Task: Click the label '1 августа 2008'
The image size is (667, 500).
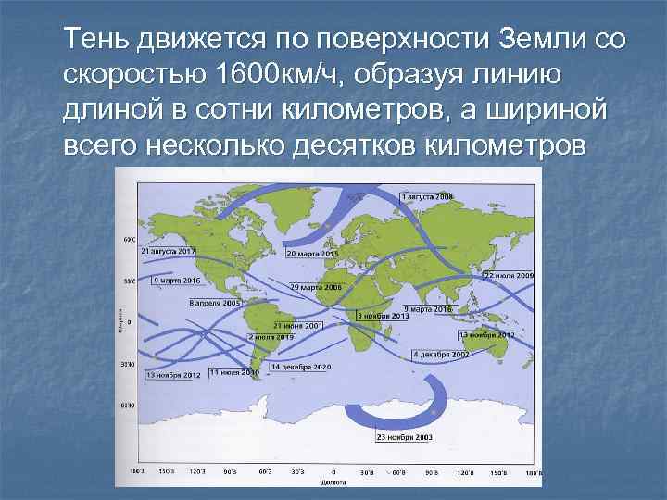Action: [x=427, y=197]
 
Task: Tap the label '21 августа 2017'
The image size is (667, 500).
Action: [x=169, y=251]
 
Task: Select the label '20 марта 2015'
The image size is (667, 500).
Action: [x=312, y=253]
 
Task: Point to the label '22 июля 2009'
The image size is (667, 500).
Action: [x=509, y=276]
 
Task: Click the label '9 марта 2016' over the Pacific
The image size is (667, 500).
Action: [x=178, y=280]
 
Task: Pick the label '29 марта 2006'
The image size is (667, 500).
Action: [x=317, y=288]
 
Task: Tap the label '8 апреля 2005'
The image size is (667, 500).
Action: [x=215, y=302]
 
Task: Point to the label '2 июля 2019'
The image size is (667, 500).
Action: [x=271, y=338]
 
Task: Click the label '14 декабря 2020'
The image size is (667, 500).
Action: [x=300, y=367]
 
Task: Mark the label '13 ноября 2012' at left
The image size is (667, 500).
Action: [x=172, y=376]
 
